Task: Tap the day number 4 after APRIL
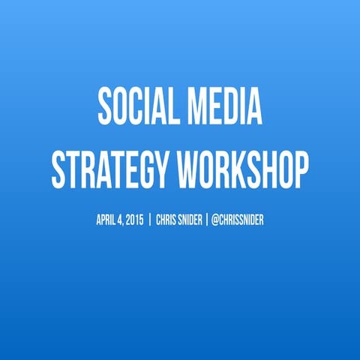coord(120,220)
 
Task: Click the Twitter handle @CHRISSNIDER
coord(237,220)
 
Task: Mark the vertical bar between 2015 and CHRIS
coord(150,220)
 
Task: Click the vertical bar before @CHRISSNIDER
coord(206,220)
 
